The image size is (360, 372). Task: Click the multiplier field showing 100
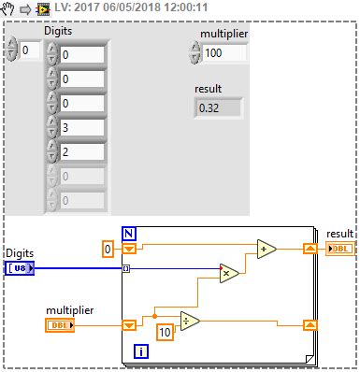click(x=224, y=53)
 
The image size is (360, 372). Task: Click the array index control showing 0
click(x=30, y=50)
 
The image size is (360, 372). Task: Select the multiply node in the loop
click(x=229, y=273)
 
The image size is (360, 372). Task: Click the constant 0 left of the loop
click(x=108, y=249)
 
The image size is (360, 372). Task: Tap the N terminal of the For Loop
click(x=129, y=233)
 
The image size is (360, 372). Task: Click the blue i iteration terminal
click(x=140, y=351)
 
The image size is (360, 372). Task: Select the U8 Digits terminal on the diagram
click(x=20, y=269)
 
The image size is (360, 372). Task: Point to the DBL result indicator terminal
click(x=340, y=249)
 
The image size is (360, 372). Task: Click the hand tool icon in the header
click(x=10, y=9)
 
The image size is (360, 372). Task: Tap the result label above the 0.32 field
click(x=208, y=88)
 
